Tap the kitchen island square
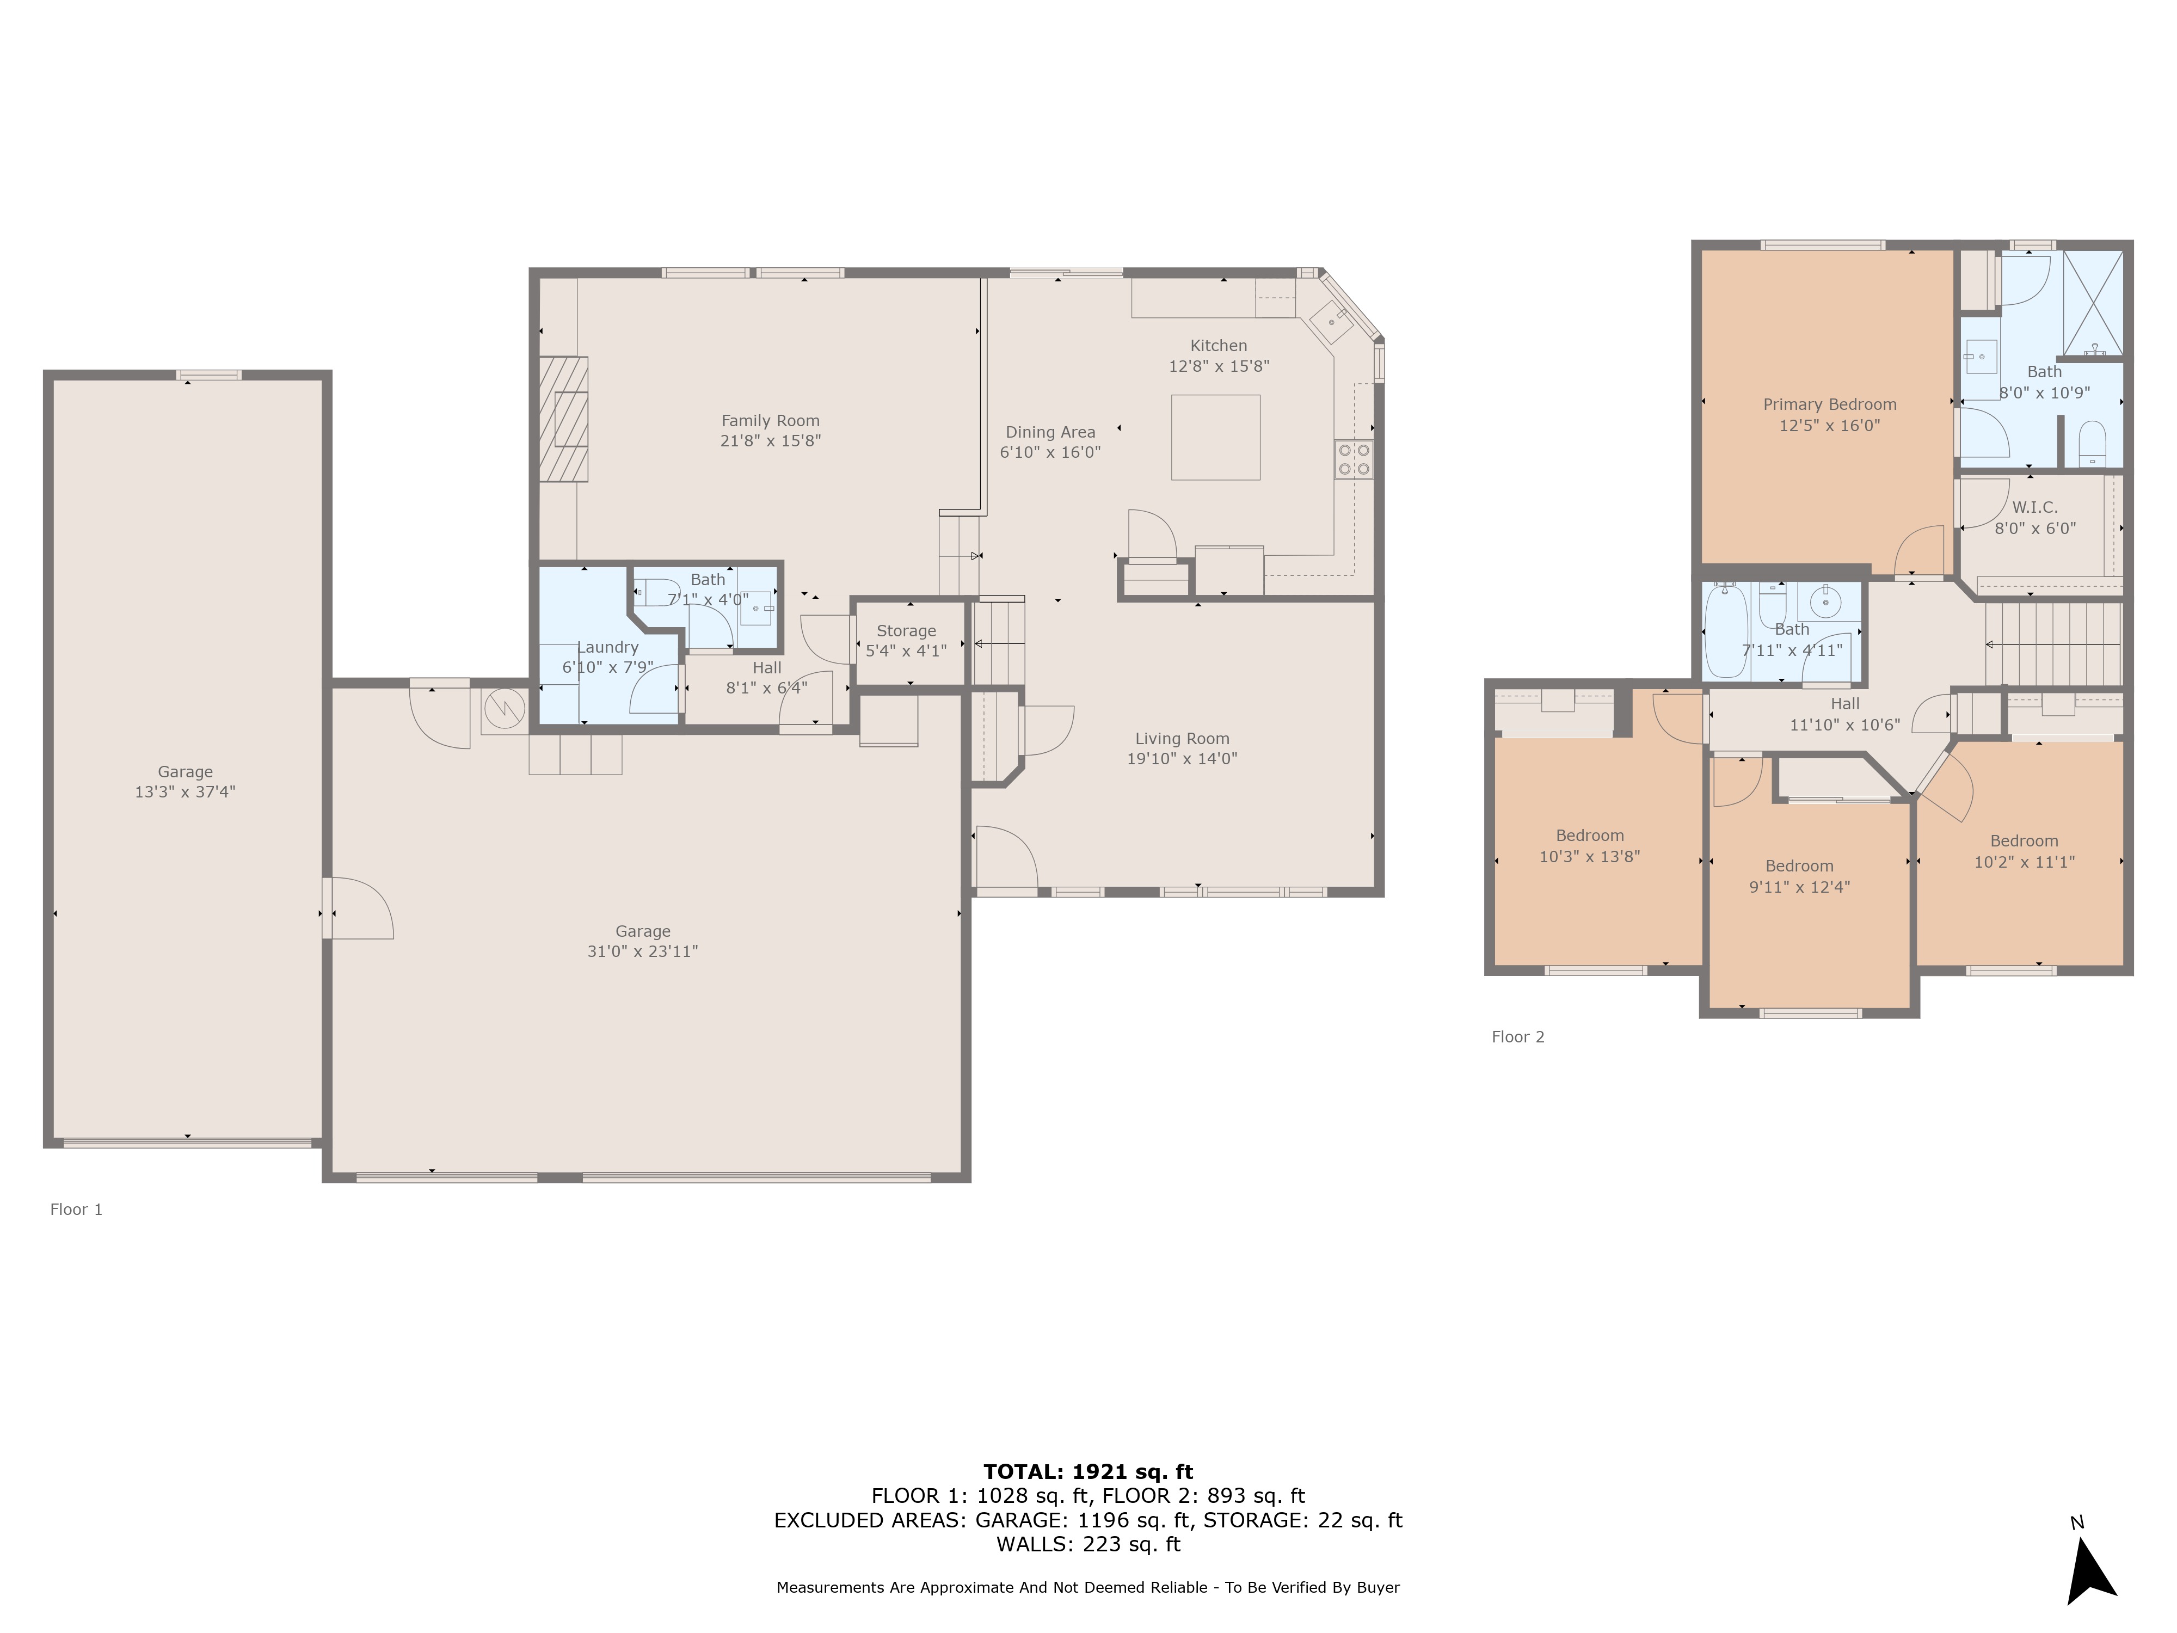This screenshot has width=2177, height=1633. [1215, 437]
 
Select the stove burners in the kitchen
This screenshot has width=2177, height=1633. [1353, 459]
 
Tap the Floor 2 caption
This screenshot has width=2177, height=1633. [1517, 1036]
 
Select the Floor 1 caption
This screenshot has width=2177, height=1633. [76, 1210]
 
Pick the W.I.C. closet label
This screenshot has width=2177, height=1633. [2034, 507]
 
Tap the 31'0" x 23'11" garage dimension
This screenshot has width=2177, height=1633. [643, 951]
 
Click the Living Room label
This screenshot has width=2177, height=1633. [1182, 738]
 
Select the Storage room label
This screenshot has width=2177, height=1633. [906, 631]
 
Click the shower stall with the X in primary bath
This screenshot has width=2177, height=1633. [2092, 302]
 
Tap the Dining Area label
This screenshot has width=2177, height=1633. [1050, 432]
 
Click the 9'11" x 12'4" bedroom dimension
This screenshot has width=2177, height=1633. [1799, 887]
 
